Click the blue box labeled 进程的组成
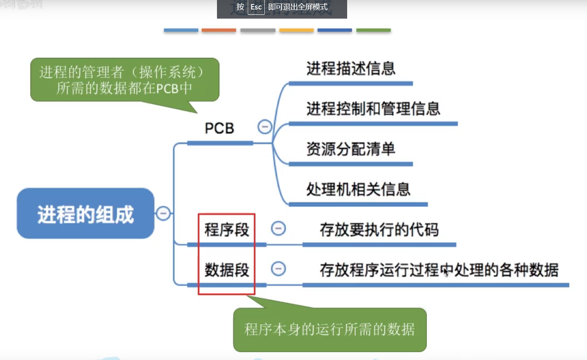[x=85, y=213]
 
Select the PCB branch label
[x=219, y=128]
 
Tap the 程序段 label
[x=226, y=229]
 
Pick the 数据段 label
[x=226, y=270]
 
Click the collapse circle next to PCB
[x=265, y=127]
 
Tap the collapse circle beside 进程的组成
[x=163, y=213]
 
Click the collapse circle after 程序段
[x=278, y=228]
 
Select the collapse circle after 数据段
[x=278, y=269]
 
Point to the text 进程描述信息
[x=351, y=69]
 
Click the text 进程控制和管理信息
[x=373, y=108]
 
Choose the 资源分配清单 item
[x=351, y=149]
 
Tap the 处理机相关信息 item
[x=358, y=189]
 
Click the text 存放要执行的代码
[x=379, y=229]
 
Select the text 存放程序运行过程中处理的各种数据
[x=439, y=270]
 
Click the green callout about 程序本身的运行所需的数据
[x=330, y=329]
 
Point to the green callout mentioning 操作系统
[x=125, y=80]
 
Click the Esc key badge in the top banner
[x=256, y=7]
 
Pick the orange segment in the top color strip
[x=219, y=30]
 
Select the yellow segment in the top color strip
[x=296, y=30]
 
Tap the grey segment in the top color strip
[x=258, y=30]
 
